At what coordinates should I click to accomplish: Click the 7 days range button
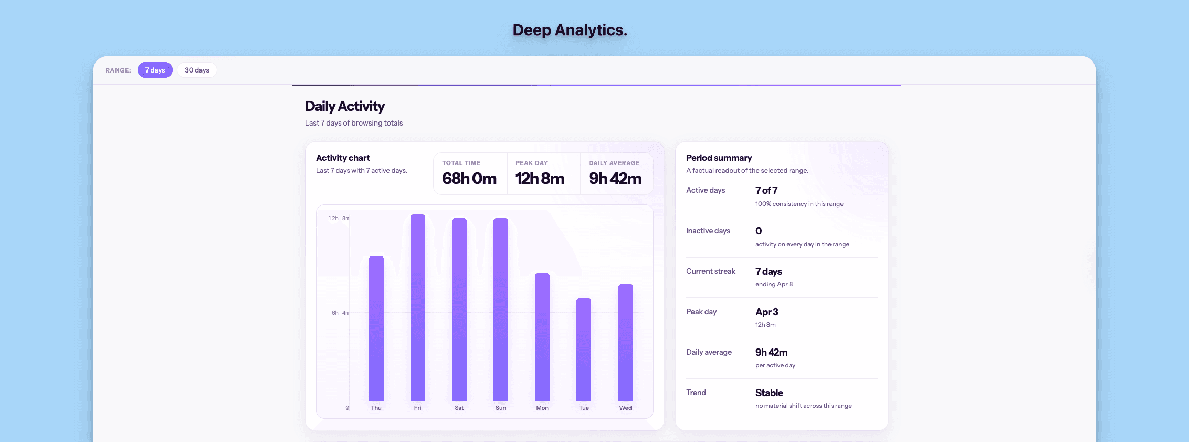[155, 70]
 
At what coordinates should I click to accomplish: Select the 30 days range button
[197, 70]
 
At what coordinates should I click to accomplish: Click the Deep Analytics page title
[570, 30]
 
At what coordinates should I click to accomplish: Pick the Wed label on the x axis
[625, 408]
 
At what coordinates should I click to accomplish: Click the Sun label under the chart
[501, 408]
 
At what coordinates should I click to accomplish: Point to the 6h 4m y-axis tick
[340, 313]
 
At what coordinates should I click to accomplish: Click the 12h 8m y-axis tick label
[339, 218]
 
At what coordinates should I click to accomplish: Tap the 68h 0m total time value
[469, 179]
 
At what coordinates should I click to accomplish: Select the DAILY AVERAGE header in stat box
[614, 163]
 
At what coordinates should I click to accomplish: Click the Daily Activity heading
[345, 106]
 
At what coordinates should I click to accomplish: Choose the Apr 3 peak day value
[766, 312]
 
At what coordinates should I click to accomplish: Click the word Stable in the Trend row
[769, 393]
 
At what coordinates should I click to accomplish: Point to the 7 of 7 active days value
[766, 190]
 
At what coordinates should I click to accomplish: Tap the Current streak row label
[711, 271]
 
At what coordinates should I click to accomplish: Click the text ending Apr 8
[774, 284]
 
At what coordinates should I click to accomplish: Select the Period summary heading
[719, 158]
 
